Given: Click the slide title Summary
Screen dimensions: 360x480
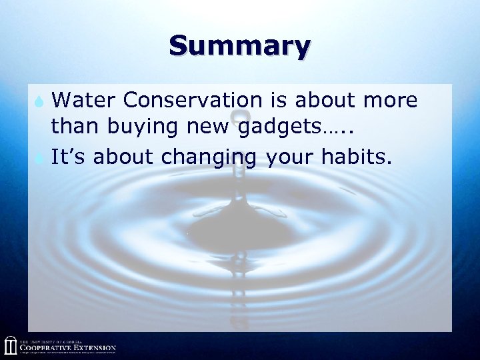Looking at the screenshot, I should (239, 47).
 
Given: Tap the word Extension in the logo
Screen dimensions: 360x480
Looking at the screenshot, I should (94, 347).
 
